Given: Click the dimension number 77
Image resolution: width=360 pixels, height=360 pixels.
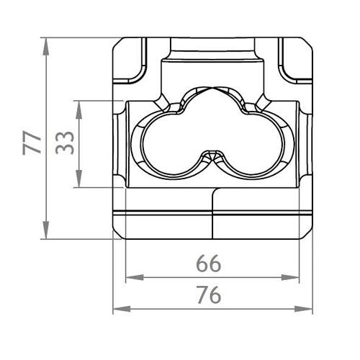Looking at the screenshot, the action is click(32, 143).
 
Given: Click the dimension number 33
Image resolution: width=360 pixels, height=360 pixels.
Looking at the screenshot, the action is click(65, 143).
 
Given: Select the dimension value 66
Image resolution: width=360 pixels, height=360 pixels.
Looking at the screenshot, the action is click(208, 264).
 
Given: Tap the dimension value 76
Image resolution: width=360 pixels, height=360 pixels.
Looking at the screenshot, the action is click(209, 294).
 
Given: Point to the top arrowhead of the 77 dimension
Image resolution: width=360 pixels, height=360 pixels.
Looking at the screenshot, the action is click(46, 47).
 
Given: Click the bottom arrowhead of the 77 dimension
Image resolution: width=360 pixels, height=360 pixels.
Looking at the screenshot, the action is click(46, 230).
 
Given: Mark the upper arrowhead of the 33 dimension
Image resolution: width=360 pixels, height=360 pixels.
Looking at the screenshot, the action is click(78, 110).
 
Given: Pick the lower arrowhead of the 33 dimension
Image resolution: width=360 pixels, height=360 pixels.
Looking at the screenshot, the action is click(78, 179).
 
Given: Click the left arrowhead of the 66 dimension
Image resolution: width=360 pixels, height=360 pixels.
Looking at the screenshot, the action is click(135, 278).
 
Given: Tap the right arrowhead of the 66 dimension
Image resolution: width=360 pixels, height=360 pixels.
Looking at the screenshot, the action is click(290, 278).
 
